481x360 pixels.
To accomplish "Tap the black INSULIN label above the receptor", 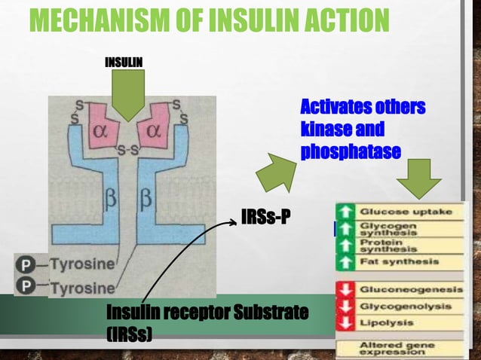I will [124, 61].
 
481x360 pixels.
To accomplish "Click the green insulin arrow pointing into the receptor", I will [127, 96].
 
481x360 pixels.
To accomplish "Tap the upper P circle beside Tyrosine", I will [26, 264].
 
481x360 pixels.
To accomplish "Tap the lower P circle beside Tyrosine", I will [26, 287].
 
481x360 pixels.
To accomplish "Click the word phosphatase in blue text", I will [351, 151].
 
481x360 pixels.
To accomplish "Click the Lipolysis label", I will [387, 322].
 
